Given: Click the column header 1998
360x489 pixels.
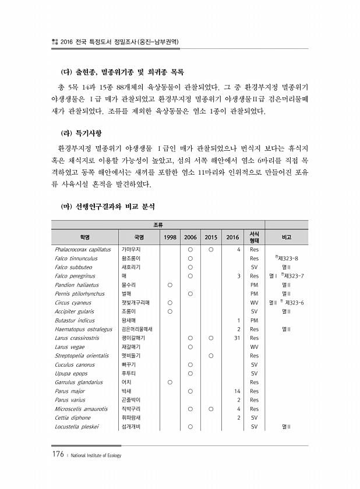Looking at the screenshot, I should click(x=170, y=237).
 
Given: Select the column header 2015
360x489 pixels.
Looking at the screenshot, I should click(x=211, y=237).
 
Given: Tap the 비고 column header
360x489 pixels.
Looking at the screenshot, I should click(x=287, y=237).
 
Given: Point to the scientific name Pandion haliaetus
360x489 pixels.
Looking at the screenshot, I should click(x=77, y=285).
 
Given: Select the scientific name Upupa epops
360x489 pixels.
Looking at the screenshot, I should click(x=71, y=373).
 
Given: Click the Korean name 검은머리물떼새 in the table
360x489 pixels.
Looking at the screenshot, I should click(x=137, y=329).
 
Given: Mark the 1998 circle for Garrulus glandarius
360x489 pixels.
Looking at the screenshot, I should click(x=170, y=382).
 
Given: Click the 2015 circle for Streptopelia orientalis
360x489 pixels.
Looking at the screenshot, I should click(x=211, y=356).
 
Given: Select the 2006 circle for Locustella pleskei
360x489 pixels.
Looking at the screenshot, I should click(x=190, y=427).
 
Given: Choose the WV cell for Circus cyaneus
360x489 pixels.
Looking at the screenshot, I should click(x=254, y=302).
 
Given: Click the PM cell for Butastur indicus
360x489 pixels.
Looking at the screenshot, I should click(x=254, y=320).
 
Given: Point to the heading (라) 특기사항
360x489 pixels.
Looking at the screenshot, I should click(x=84, y=133).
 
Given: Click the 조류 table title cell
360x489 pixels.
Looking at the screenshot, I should click(x=158, y=224).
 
